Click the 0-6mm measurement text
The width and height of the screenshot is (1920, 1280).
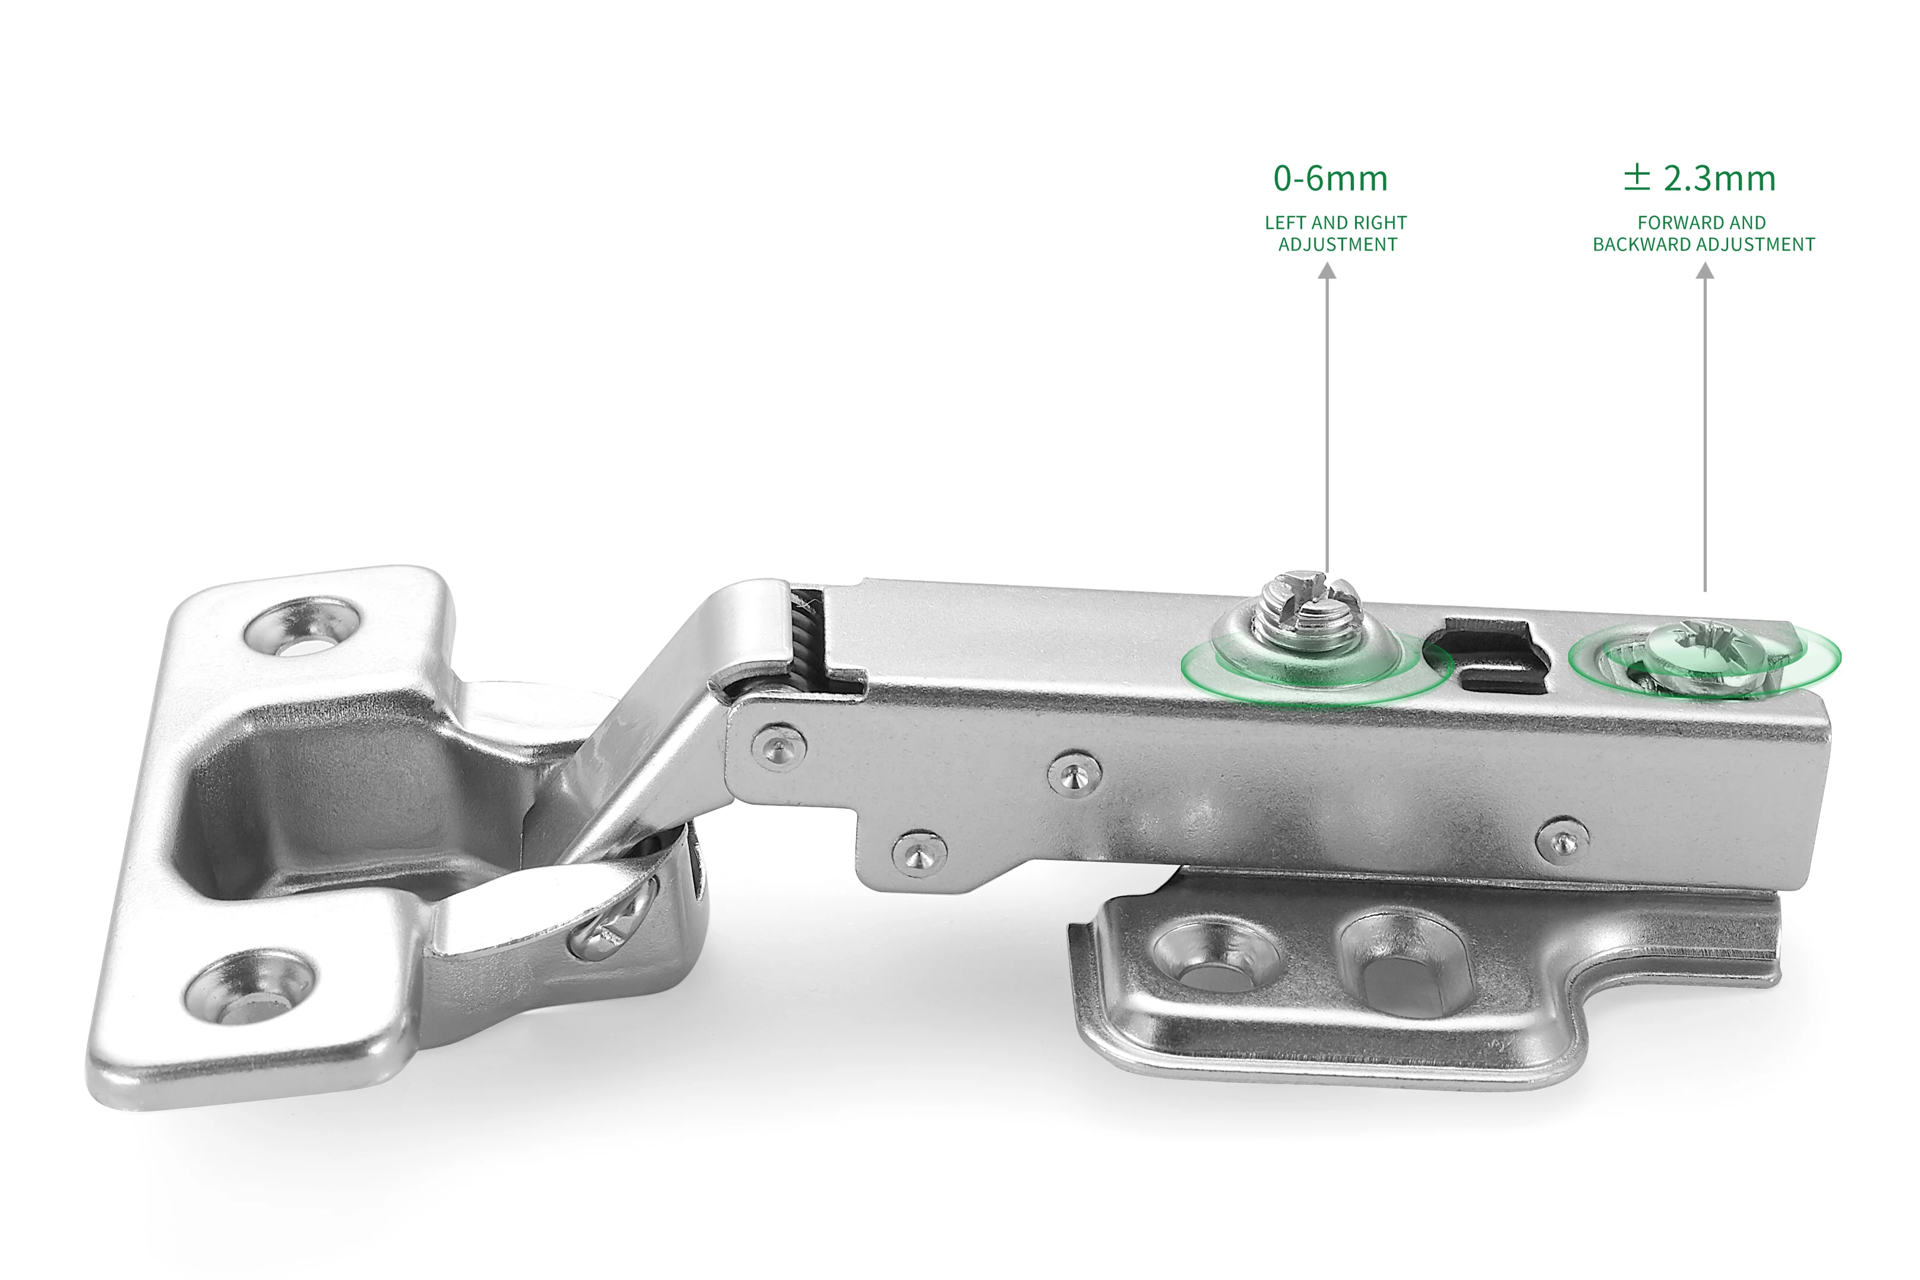click(1331, 179)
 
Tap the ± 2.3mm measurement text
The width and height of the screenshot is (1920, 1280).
click(1700, 178)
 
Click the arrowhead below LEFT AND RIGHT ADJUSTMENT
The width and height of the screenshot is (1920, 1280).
click(1327, 271)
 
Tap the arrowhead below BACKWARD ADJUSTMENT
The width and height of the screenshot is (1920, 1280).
click(1704, 271)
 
